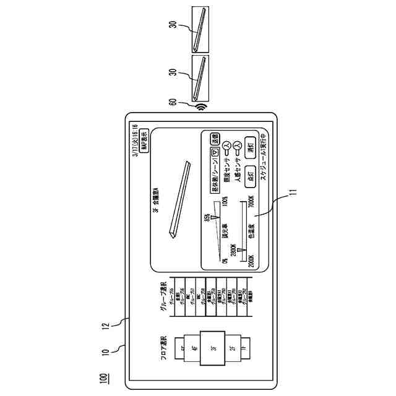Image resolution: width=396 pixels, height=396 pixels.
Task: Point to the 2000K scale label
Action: point(251,260)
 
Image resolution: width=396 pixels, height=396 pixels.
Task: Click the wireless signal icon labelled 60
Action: point(199,106)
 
